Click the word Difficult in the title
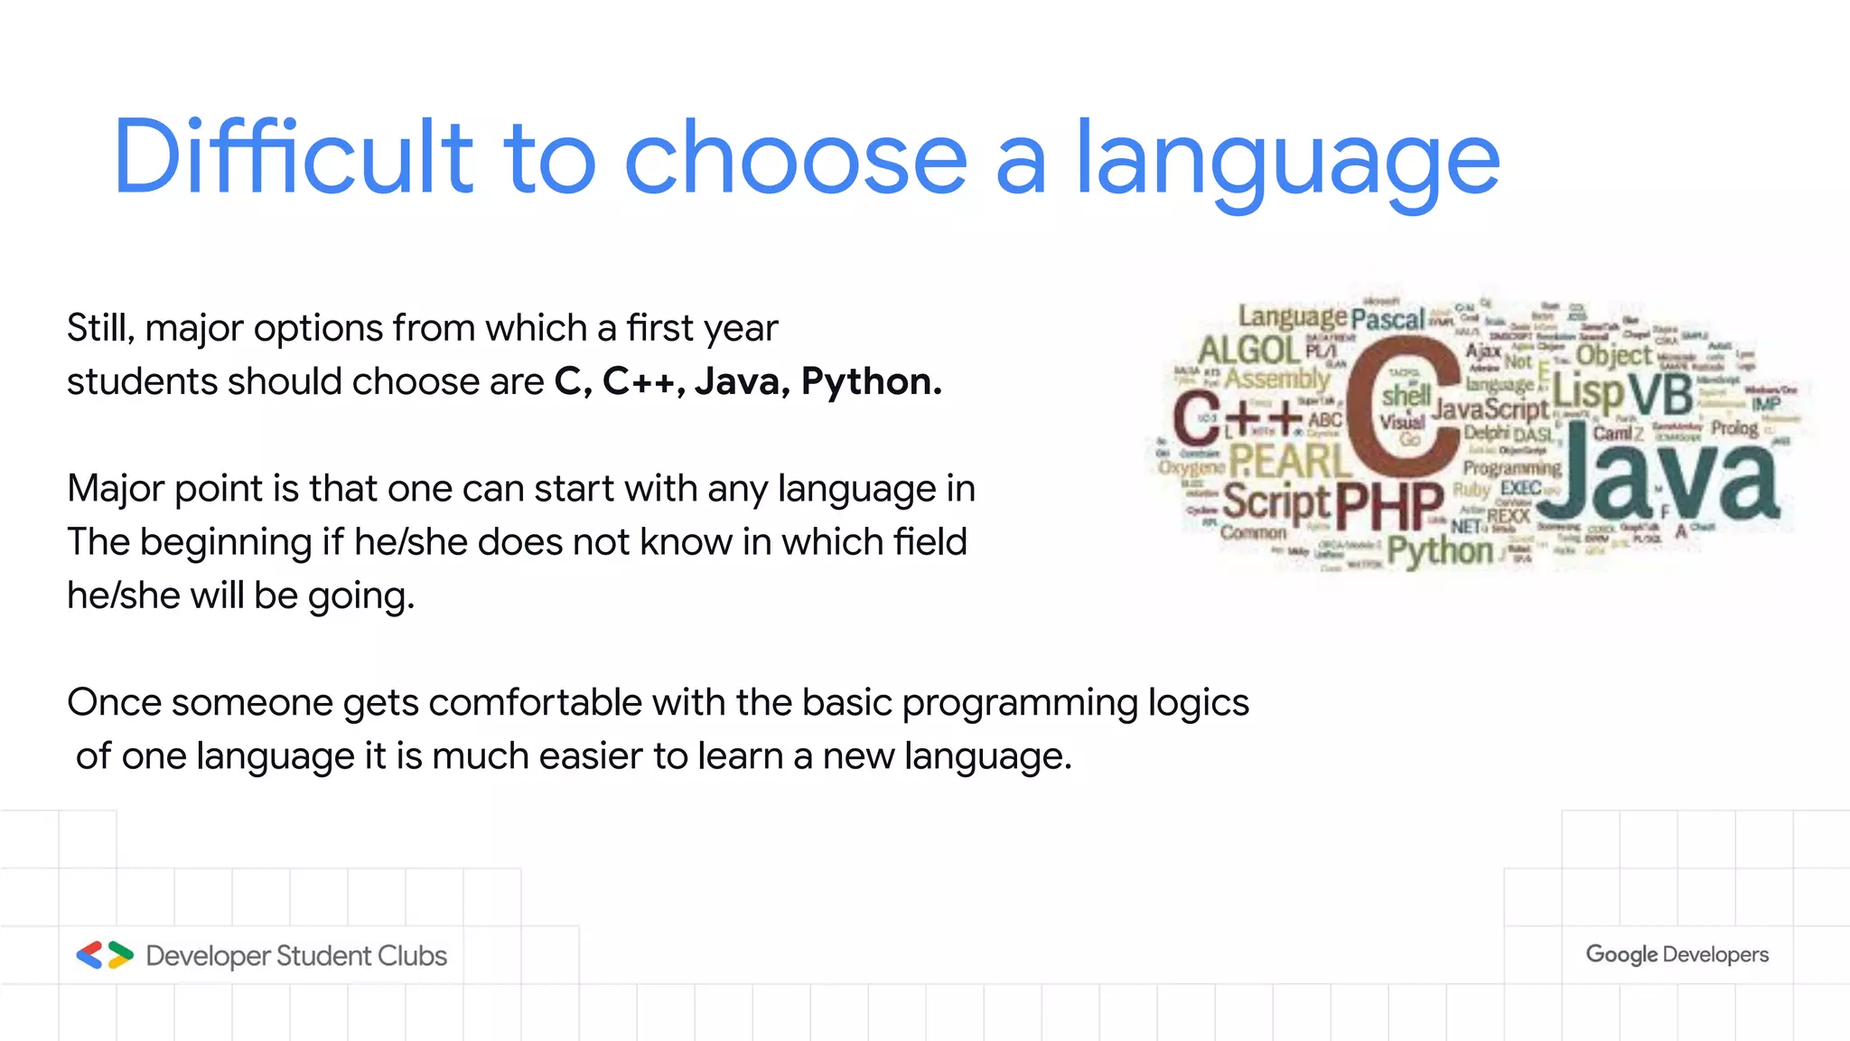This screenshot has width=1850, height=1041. pos(294,158)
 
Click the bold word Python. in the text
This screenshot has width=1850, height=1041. pos(871,381)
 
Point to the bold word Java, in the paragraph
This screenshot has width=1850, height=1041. pos(743,381)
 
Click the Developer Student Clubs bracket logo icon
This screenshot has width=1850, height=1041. pos(105,955)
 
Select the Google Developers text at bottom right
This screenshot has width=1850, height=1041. pos(1677,954)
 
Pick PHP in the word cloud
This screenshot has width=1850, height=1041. pos(1389,506)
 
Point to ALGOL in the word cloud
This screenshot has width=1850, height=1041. pos(1248,350)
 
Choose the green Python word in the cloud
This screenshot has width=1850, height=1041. pos(1440,550)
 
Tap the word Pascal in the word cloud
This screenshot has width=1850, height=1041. pos(1387,319)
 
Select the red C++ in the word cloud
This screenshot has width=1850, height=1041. pos(1236,417)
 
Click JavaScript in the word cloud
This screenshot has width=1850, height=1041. pos(1490,409)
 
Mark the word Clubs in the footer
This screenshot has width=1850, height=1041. pos(412,955)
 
